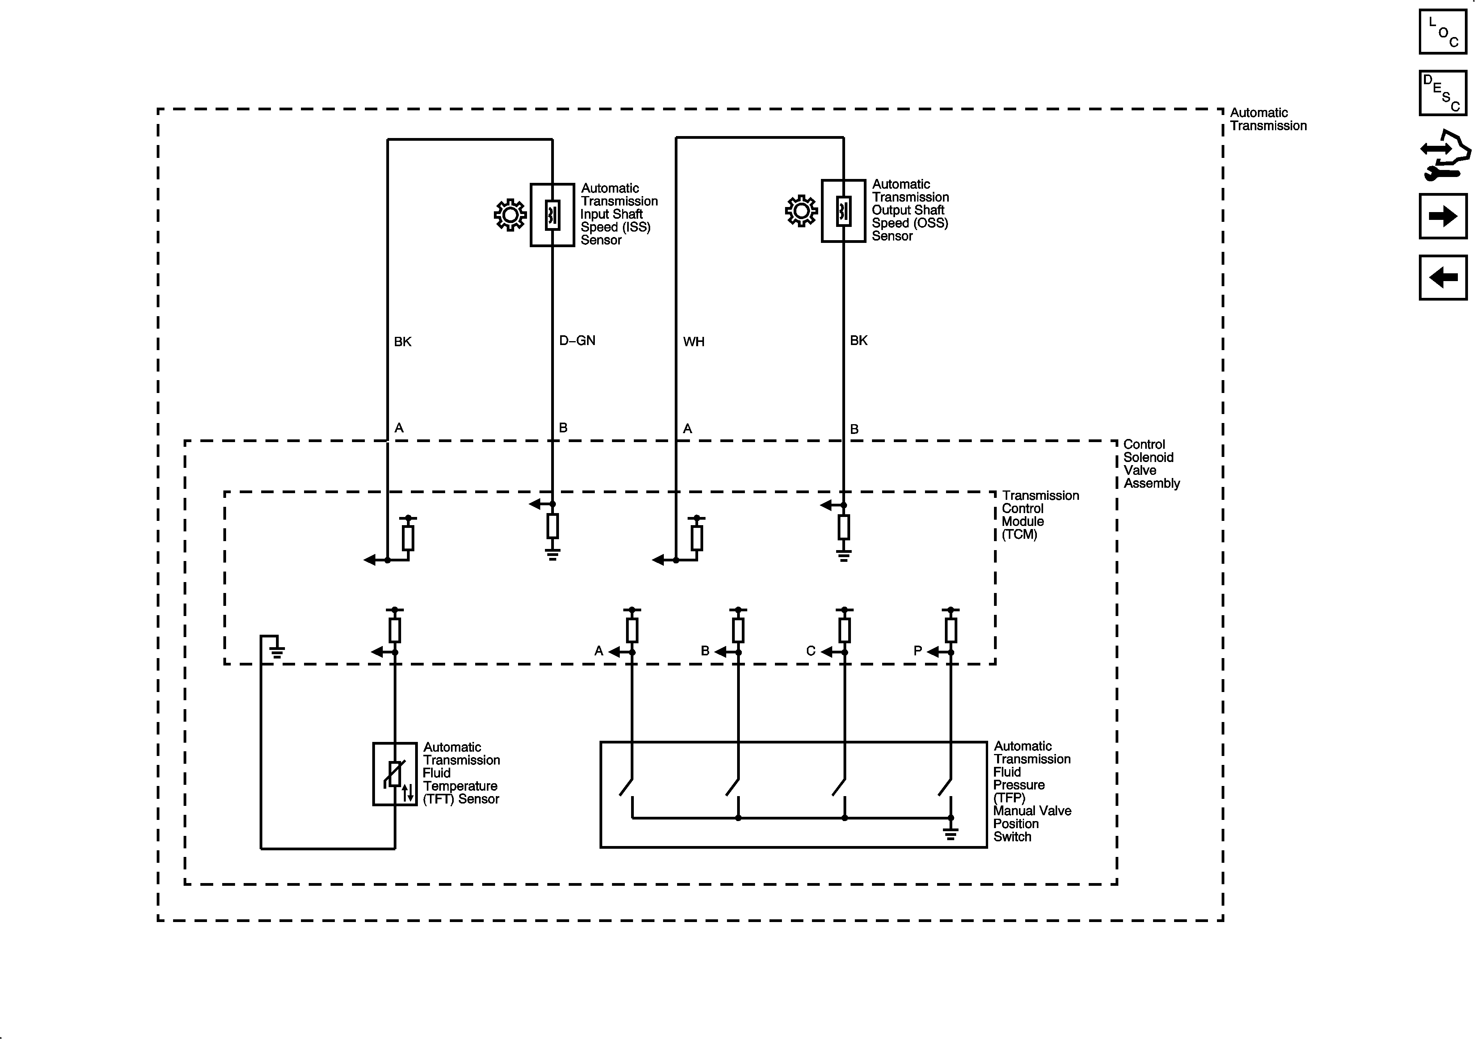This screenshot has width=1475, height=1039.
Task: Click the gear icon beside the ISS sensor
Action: click(510, 214)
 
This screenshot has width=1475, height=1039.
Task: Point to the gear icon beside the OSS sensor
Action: click(801, 211)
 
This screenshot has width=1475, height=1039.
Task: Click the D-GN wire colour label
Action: click(577, 341)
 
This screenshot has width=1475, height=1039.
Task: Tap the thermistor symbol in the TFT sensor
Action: click(394, 773)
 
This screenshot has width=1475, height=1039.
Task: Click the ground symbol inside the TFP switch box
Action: click(951, 834)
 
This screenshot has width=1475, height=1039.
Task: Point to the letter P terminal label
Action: click(917, 651)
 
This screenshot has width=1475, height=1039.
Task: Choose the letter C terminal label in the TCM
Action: click(811, 651)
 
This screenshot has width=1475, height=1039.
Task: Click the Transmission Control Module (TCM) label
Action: click(1040, 515)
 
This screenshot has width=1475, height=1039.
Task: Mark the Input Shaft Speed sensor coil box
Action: click(552, 214)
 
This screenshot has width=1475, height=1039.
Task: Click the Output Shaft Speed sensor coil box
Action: click(844, 211)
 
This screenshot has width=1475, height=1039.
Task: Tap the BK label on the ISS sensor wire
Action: click(403, 342)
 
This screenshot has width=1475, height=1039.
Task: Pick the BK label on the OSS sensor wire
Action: click(858, 341)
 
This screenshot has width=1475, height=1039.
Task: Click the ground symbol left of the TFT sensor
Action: click(277, 651)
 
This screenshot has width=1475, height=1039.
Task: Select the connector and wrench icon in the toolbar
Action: click(1444, 156)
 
